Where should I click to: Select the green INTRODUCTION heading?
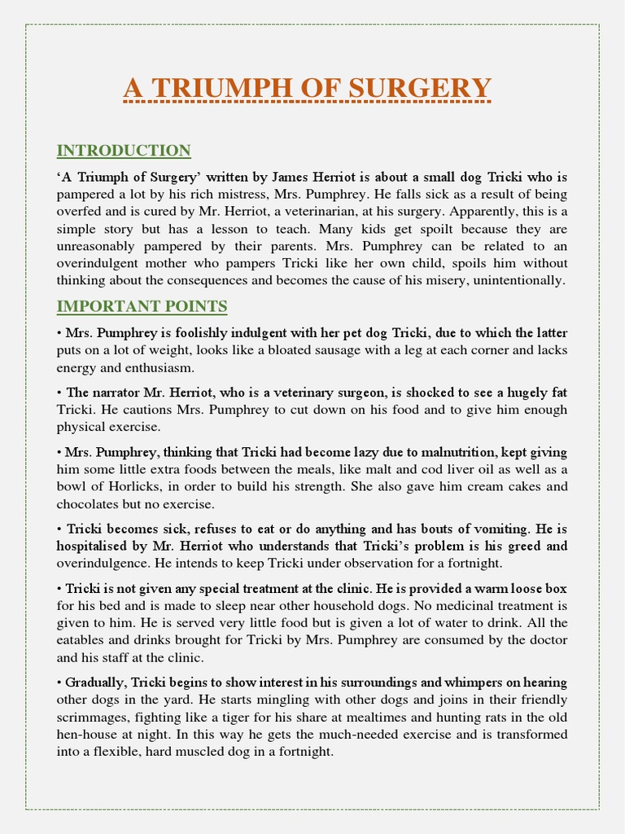(124, 151)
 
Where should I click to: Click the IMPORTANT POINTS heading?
(142, 306)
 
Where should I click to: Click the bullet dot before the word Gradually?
(59, 683)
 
